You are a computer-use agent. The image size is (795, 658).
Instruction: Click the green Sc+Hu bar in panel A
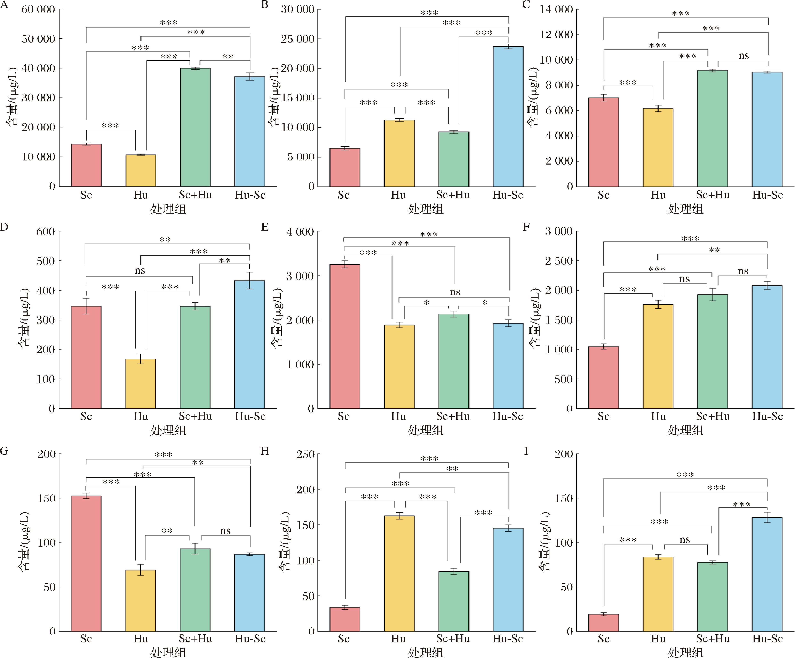[x=195, y=127]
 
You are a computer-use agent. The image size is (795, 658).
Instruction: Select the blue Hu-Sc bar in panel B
[x=508, y=117]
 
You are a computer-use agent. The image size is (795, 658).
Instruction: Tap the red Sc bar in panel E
[x=344, y=336]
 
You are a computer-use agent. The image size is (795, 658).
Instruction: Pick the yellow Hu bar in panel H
[x=399, y=574]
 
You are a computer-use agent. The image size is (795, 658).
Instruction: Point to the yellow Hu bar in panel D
[x=141, y=383]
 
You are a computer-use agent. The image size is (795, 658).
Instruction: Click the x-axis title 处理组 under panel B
[x=426, y=209]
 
